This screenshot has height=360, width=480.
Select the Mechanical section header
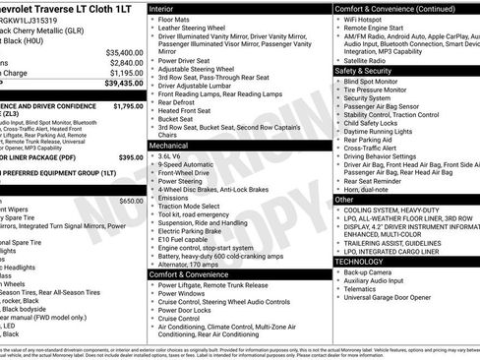coord(169,145)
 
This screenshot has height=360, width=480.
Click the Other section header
coord(343,199)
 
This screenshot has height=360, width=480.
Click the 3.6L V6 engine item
coord(175,155)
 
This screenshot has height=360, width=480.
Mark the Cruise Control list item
coord(179,319)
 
